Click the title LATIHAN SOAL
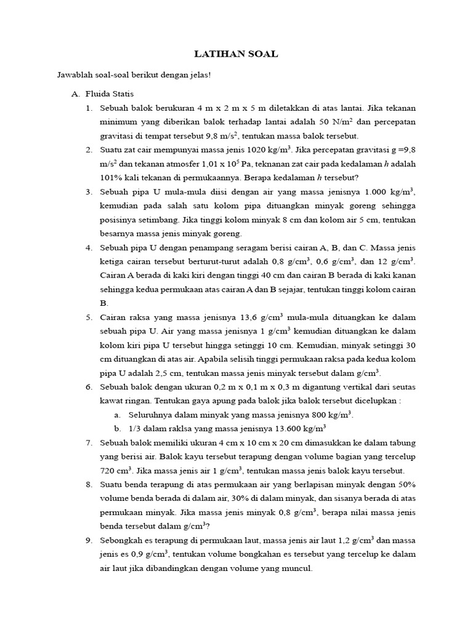236,54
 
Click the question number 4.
89,247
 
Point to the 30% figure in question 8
235,498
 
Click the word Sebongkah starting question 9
123,540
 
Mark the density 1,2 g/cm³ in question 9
362,540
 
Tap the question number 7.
89,442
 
